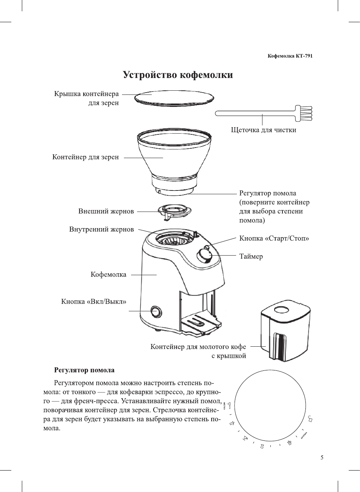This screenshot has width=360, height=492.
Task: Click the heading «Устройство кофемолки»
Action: tap(178, 75)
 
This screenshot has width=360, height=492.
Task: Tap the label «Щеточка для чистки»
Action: tap(263, 130)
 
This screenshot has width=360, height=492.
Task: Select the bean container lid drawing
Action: tap(174, 97)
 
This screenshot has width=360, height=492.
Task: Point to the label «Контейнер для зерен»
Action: tap(85, 157)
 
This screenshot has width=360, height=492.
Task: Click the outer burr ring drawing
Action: tap(174, 210)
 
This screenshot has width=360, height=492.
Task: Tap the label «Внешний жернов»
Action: tap(106, 211)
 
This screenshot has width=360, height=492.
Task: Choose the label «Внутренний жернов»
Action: tap(101, 229)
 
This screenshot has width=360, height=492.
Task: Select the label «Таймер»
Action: tap(251, 256)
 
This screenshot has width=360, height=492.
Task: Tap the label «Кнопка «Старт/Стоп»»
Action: tap(274, 238)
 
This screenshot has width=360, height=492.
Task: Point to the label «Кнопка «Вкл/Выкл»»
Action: tap(94, 302)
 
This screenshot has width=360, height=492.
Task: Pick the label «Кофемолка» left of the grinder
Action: tap(108, 274)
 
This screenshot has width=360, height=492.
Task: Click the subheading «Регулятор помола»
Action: tap(84, 370)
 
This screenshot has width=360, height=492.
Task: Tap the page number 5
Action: tap(322, 457)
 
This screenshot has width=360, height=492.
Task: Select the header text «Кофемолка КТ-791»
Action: tap(290, 56)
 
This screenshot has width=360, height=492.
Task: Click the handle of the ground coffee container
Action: tap(279, 345)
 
